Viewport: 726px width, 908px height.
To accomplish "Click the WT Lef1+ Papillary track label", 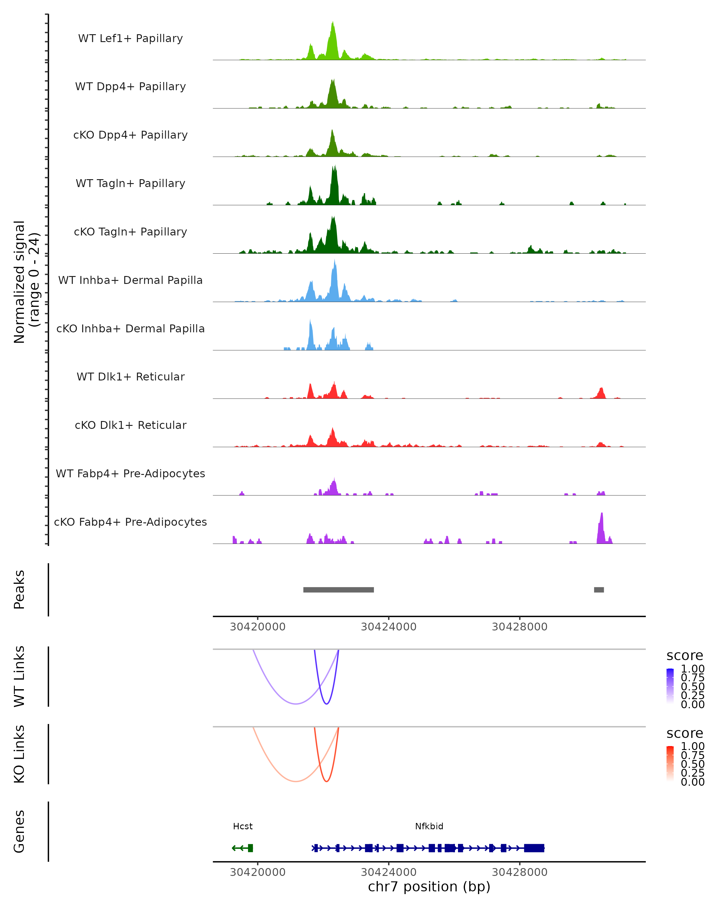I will (130, 38).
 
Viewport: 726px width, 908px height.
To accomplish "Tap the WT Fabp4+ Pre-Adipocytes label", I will (130, 473).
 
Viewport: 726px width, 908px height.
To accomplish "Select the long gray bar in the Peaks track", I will (338, 590).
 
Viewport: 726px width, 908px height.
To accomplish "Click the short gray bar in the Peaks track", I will (599, 590).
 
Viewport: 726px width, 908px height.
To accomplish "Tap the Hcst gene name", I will (243, 826).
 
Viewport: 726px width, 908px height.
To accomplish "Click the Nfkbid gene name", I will (429, 826).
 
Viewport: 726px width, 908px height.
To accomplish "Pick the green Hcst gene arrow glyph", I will (242, 848).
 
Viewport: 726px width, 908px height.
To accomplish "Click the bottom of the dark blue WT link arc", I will (326, 703).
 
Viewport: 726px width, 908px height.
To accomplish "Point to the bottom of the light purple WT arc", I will (296, 703).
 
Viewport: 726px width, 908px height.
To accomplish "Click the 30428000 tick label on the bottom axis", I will (519, 872).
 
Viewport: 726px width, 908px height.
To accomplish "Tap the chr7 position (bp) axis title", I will (429, 887).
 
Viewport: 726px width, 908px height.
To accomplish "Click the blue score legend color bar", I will (670, 686).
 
